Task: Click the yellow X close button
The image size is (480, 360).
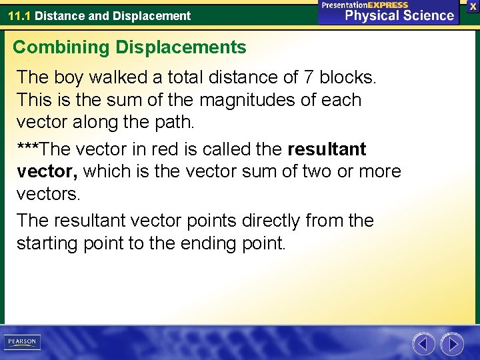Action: [x=473, y=5]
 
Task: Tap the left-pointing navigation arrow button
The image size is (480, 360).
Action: [x=423, y=344]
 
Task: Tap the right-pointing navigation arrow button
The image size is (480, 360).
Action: [x=453, y=344]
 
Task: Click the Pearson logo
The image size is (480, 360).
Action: [x=22, y=341]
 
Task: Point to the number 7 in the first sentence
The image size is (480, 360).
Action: [x=309, y=77]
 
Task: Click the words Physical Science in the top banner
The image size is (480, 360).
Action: [x=399, y=16]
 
